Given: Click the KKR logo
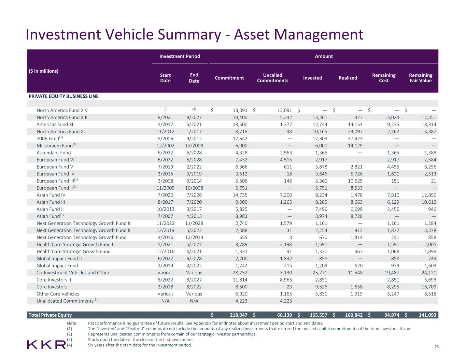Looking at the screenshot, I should coord(46,344).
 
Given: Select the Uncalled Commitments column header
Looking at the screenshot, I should coord(272,78).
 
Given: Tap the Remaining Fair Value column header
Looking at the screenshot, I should coord(420,78).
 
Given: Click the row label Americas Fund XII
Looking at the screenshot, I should coord(55,125).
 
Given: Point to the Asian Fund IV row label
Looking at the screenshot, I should coord(51,195).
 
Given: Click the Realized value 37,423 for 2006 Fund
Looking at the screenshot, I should coord(354,139).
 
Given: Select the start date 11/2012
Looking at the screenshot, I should coord(165,131).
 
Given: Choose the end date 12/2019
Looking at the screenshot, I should coord(194,237).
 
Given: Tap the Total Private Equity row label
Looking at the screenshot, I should coord(50,315).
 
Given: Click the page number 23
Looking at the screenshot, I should coord(436,347).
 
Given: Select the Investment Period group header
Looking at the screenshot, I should coord(180,56).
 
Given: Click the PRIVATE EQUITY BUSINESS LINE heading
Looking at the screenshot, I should coord(63,96).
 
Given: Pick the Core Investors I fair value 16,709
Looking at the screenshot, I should coord(428,287).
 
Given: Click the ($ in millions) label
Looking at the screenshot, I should coord(43,71).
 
